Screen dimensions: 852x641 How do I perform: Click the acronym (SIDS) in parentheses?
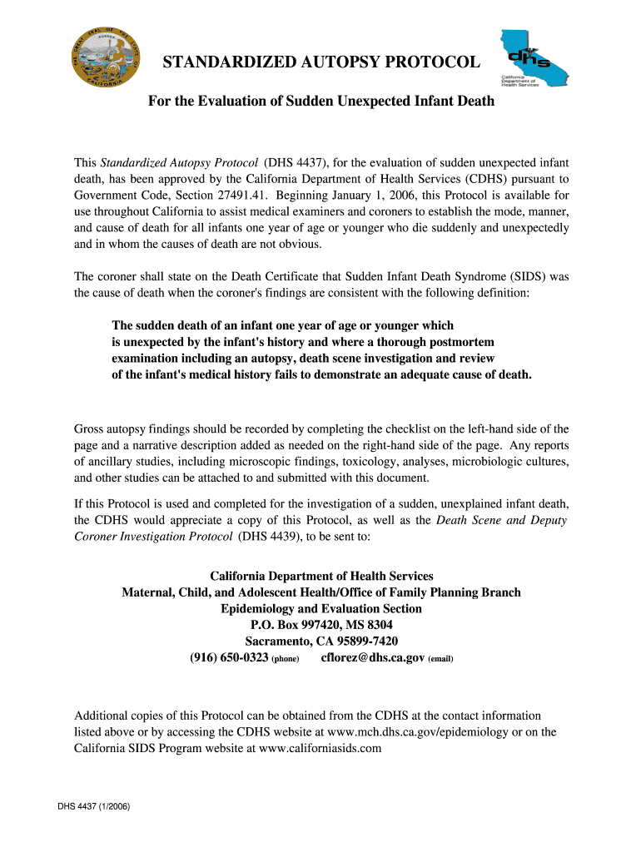tap(523, 276)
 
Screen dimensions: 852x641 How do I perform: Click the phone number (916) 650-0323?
tap(229, 657)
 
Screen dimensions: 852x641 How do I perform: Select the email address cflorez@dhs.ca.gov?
tap(373, 657)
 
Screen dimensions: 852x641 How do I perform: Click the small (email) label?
tap(440, 659)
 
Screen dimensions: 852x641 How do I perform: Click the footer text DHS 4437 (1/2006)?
tap(93, 806)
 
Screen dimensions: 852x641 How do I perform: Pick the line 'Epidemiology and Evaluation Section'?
tap(321, 608)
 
